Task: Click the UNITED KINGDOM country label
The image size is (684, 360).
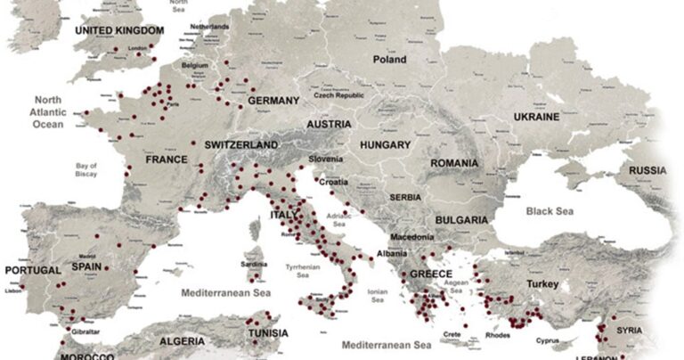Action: [119, 30]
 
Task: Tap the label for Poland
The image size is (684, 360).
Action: [389, 60]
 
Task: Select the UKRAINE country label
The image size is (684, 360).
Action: [536, 117]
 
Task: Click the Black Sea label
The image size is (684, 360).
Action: [551, 211]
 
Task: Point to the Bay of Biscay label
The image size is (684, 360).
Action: [85, 172]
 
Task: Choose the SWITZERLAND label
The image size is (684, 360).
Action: [241, 144]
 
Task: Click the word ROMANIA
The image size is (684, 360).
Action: [454, 164]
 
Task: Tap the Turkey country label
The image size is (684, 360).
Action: [541, 283]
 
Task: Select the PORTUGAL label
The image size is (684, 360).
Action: [33, 270]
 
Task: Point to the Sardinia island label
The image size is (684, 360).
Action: [255, 265]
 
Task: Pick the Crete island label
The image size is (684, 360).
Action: [452, 334]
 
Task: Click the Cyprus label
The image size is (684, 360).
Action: [548, 340]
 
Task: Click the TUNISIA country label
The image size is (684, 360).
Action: [266, 333]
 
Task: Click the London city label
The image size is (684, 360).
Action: [136, 49]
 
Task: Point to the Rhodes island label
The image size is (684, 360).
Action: [498, 336]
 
